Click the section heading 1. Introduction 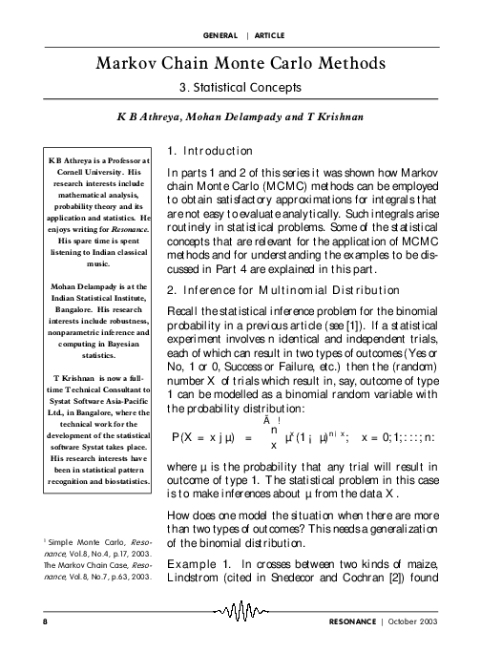pos(209,151)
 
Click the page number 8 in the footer pos(45,620)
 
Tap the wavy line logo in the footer pos(243,612)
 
